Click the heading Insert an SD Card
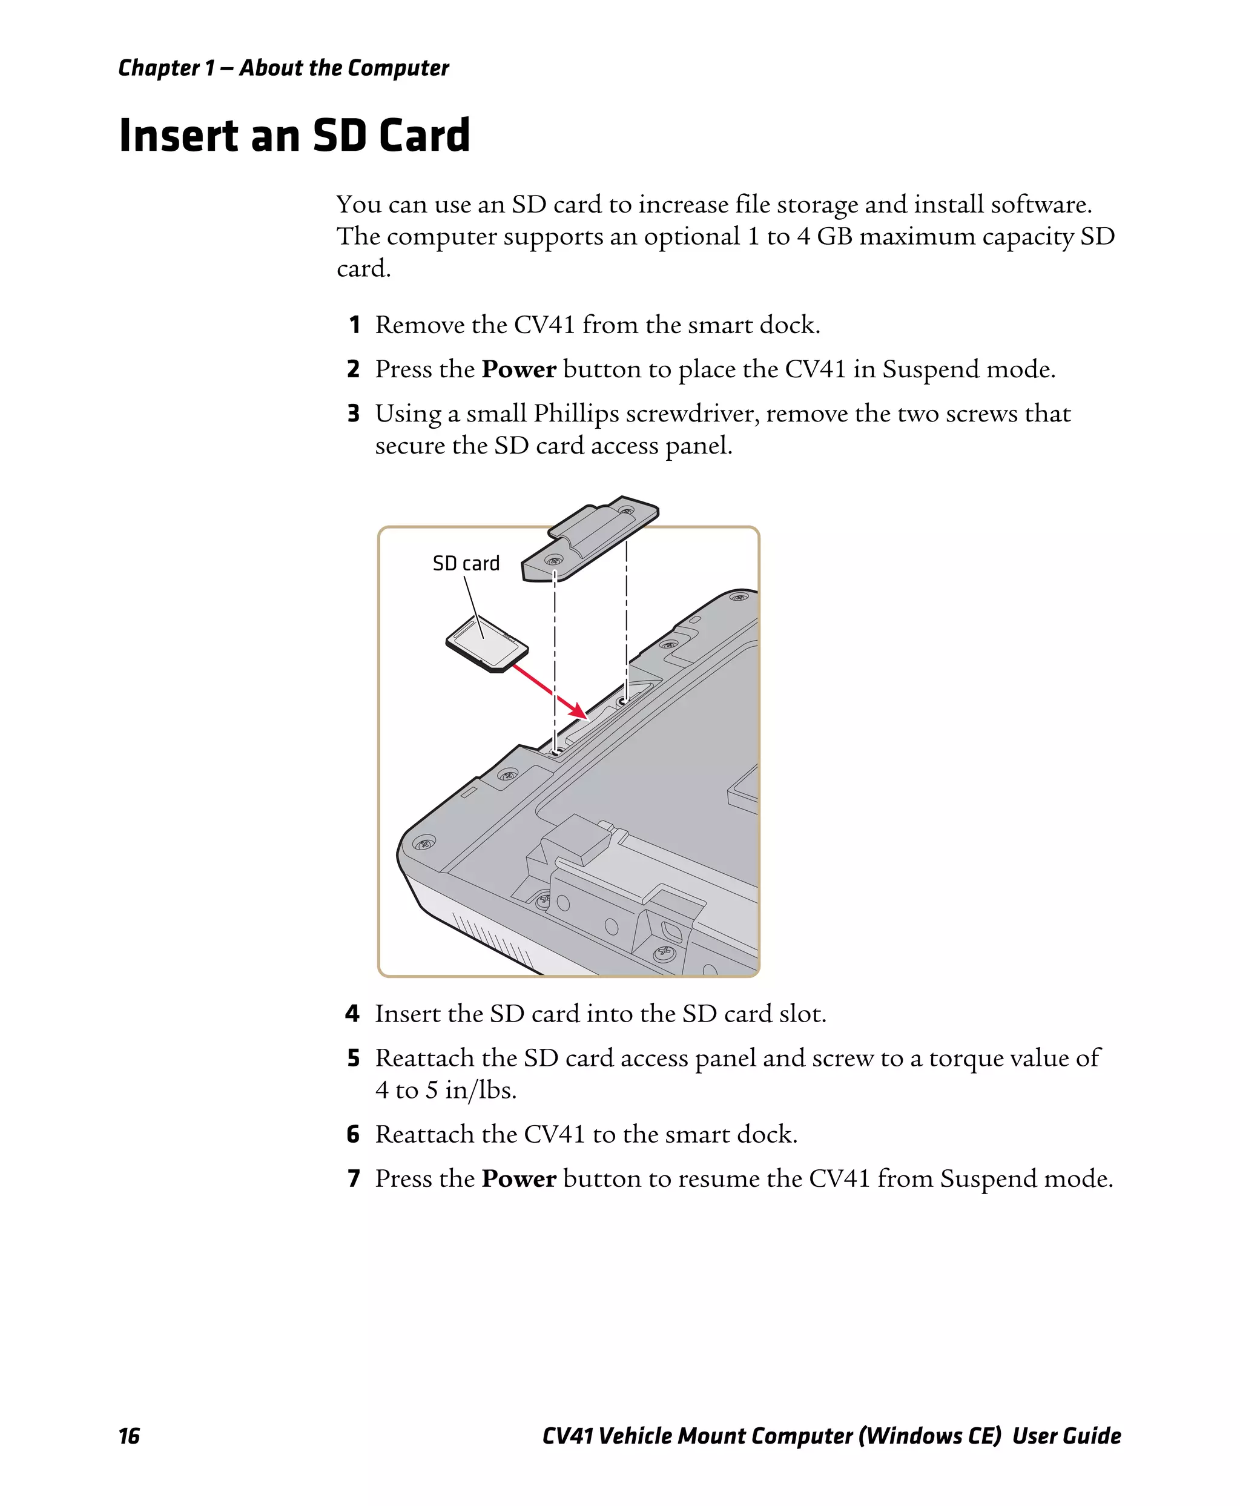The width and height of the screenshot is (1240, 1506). pyautogui.click(x=294, y=135)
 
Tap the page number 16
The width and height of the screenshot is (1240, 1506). pyautogui.click(x=130, y=1436)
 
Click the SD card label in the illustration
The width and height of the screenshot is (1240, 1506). pyautogui.click(x=466, y=564)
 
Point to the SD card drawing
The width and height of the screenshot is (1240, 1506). pyautogui.click(x=486, y=643)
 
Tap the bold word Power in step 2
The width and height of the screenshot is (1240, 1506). pyautogui.click(x=518, y=369)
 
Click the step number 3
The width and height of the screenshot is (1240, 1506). pyautogui.click(x=354, y=414)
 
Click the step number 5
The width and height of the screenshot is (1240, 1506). pyautogui.click(x=354, y=1058)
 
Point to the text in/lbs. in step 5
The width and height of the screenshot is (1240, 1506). pyautogui.click(x=480, y=1090)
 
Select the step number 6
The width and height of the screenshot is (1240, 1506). pyautogui.click(x=354, y=1135)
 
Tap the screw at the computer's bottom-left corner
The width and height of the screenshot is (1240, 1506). pyautogui.click(x=425, y=843)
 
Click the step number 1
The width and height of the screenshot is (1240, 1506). pyautogui.click(x=354, y=325)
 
